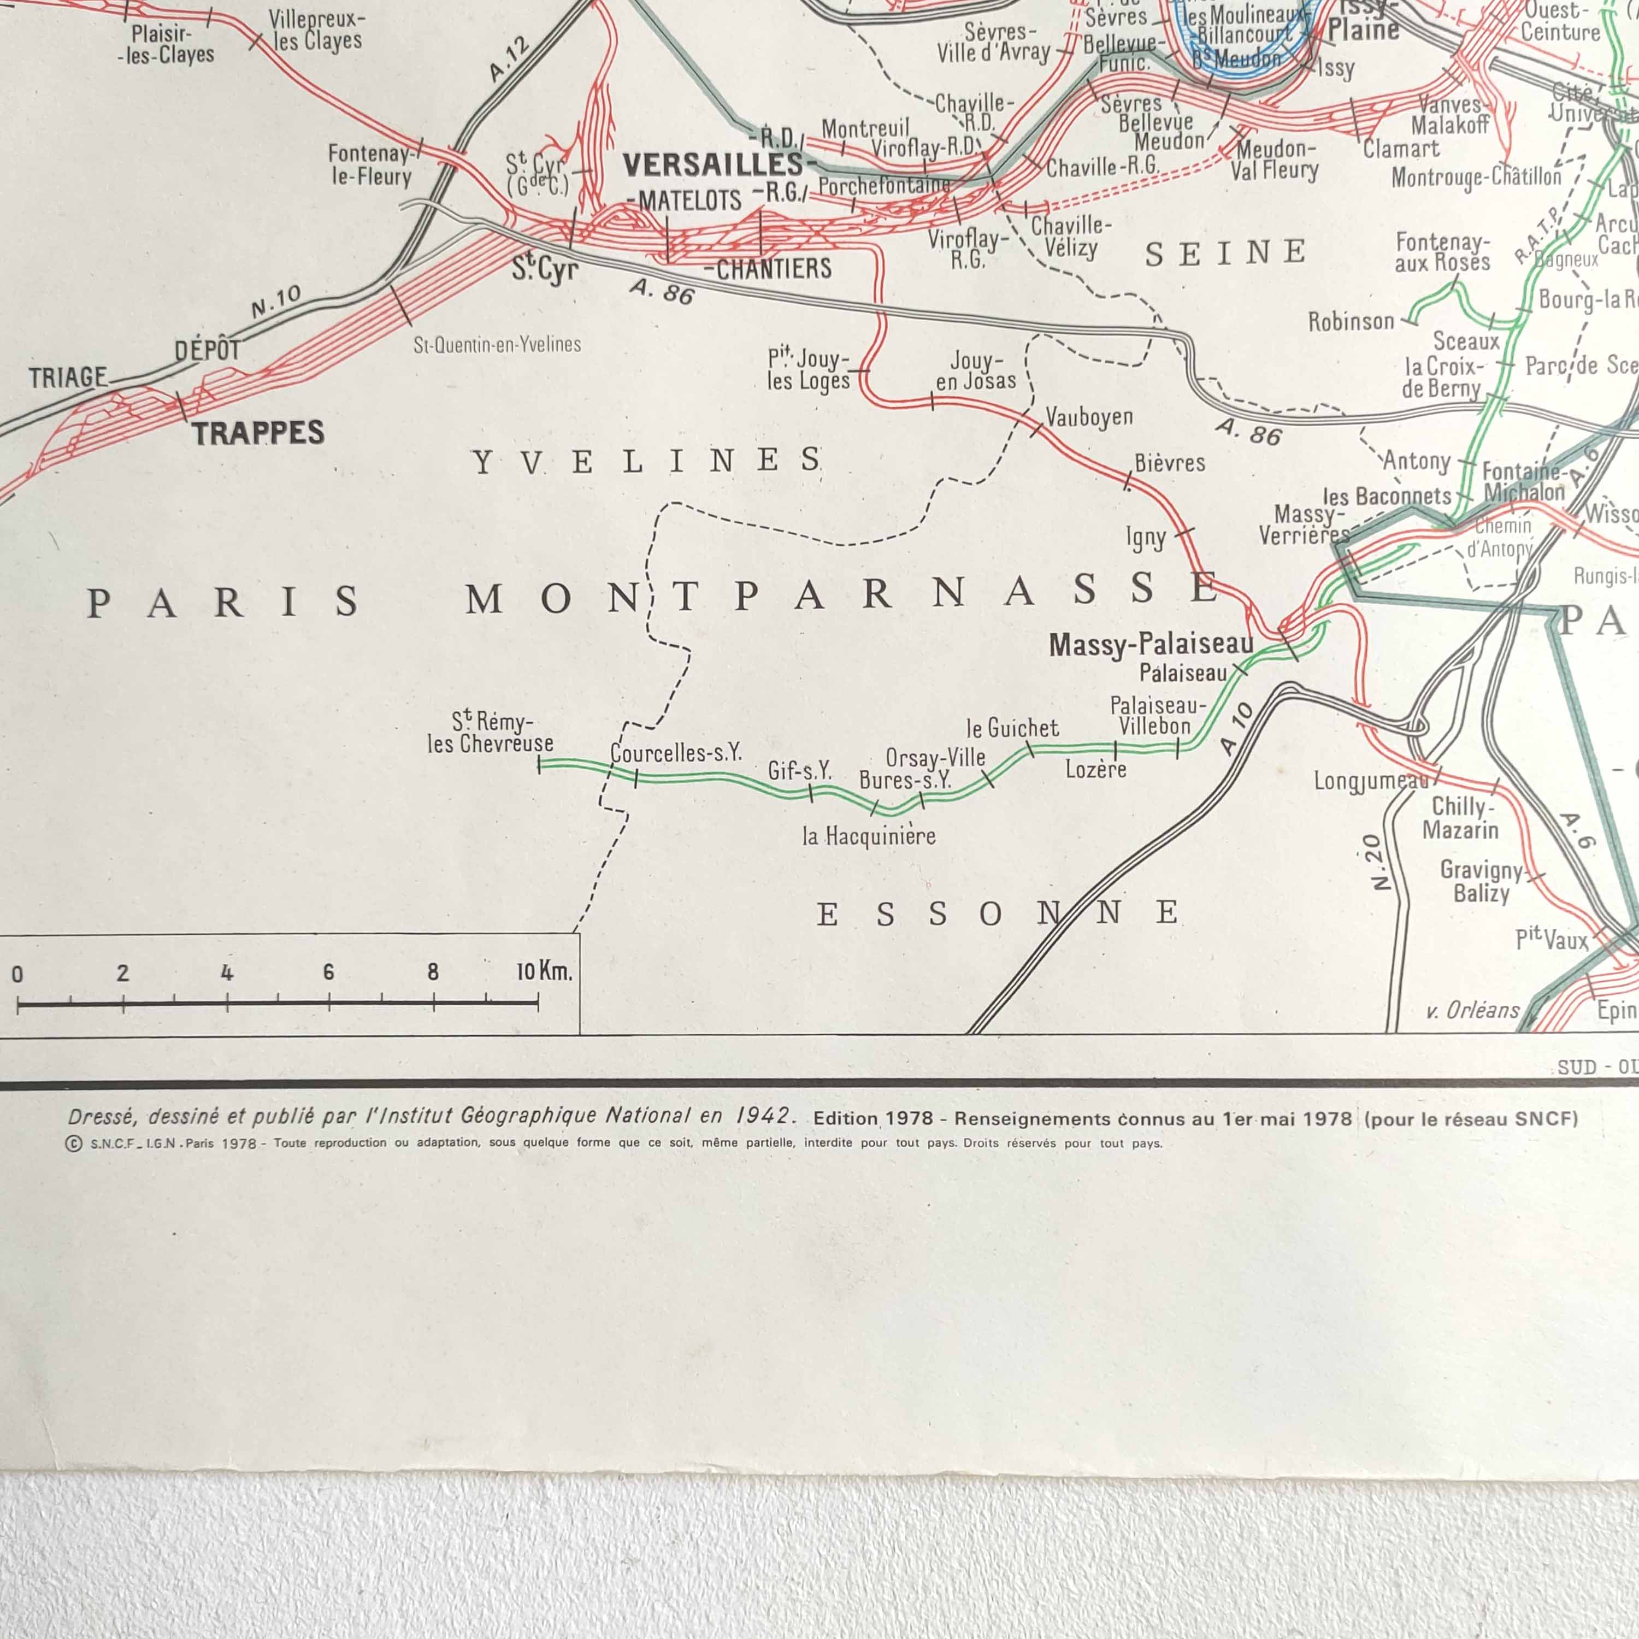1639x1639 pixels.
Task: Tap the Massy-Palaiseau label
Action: click(1151, 645)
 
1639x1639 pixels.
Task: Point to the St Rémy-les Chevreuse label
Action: click(491, 732)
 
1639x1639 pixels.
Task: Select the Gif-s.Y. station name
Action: click(799, 770)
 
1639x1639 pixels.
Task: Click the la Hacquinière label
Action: click(869, 836)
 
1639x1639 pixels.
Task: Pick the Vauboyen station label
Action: click(1089, 416)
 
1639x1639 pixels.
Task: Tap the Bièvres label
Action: click(1170, 462)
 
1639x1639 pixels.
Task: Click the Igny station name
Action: click(1146, 537)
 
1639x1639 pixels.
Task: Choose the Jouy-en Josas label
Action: click(976, 371)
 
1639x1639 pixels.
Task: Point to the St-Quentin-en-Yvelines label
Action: click(497, 344)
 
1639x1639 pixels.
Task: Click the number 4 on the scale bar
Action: click(227, 972)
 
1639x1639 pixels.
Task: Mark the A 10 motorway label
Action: click(1237, 728)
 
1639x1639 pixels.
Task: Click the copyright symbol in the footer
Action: click(74, 1143)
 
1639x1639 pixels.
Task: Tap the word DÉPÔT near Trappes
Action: click(208, 350)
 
